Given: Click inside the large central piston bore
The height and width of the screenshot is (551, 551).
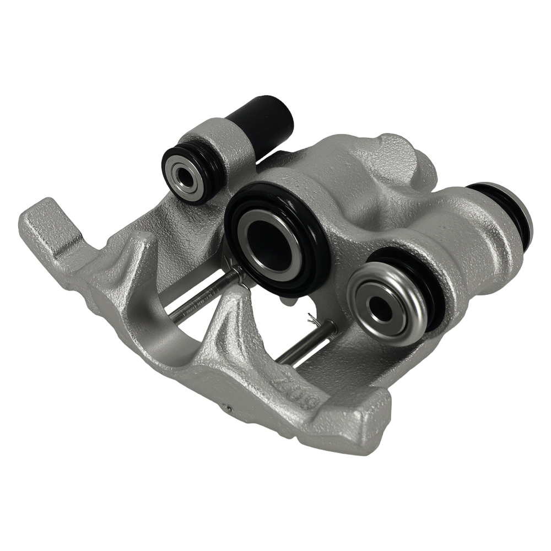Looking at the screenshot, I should [269, 241].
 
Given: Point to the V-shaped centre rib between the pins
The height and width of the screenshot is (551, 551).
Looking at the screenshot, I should [231, 325].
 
